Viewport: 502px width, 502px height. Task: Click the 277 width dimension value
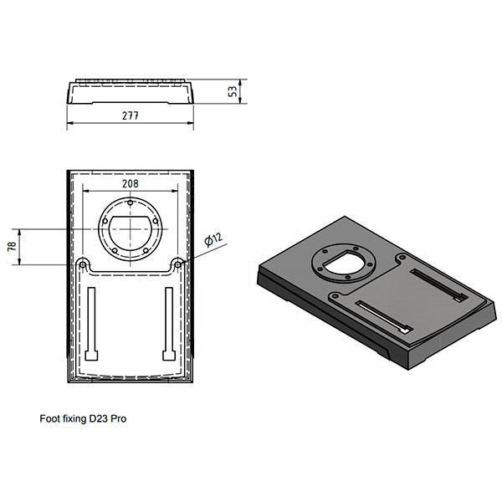pyautogui.click(x=131, y=115)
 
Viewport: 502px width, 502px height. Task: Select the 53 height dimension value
pyautogui.click(x=233, y=91)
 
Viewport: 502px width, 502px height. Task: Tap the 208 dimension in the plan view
pyautogui.click(x=131, y=184)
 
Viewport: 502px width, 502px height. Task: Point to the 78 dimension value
pyautogui.click(x=12, y=246)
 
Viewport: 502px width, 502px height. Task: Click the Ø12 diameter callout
pyautogui.click(x=213, y=239)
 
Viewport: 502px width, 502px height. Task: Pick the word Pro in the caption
pyautogui.click(x=119, y=418)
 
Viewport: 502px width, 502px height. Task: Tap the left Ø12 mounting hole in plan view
pyautogui.click(x=83, y=264)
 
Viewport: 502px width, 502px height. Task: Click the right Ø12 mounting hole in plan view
pyautogui.click(x=177, y=264)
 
